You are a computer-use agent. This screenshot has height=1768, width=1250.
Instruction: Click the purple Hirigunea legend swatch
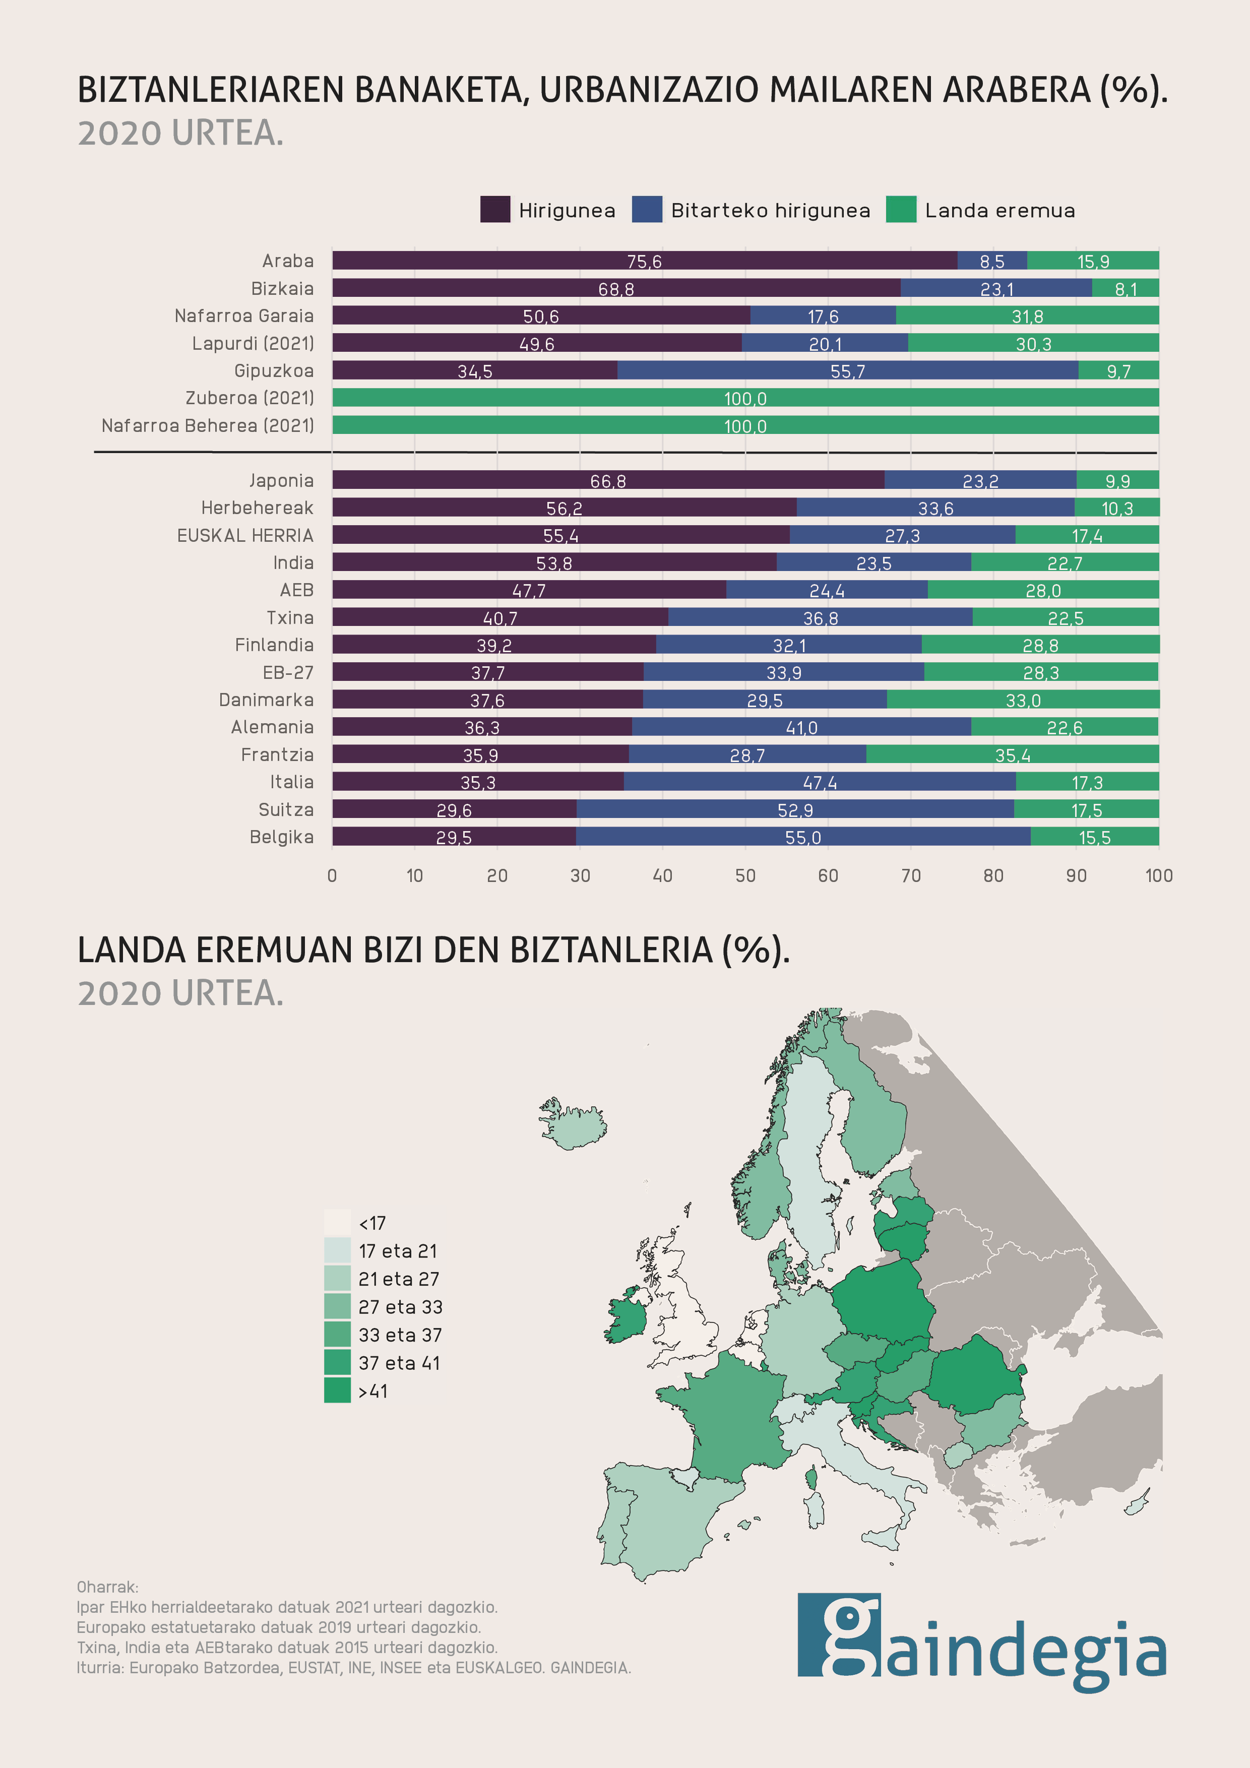click(x=494, y=210)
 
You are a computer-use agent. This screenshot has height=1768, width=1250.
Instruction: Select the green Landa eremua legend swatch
click(x=900, y=210)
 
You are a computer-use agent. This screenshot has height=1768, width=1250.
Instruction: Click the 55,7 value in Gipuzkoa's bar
click(x=847, y=371)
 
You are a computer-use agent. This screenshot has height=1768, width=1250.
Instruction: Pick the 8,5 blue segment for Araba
click(x=991, y=261)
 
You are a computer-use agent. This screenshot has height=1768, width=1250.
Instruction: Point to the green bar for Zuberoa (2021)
click(x=745, y=398)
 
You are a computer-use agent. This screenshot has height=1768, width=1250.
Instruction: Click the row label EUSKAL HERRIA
click(x=245, y=535)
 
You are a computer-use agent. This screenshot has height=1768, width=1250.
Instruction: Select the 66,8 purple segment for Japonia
click(x=608, y=480)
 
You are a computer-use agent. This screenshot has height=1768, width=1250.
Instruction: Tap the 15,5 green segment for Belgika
click(x=1094, y=837)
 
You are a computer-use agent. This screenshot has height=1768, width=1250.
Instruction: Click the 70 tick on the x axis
click(x=910, y=875)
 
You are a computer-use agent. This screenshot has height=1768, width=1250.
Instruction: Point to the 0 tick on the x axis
click(x=332, y=875)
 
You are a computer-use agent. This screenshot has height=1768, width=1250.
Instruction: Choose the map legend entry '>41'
click(x=337, y=1391)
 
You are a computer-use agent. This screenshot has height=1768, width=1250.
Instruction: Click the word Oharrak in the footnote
click(x=107, y=1587)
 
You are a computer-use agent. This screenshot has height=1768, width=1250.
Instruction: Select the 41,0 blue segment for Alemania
click(x=801, y=727)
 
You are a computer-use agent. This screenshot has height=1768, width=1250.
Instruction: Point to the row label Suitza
click(x=286, y=809)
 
